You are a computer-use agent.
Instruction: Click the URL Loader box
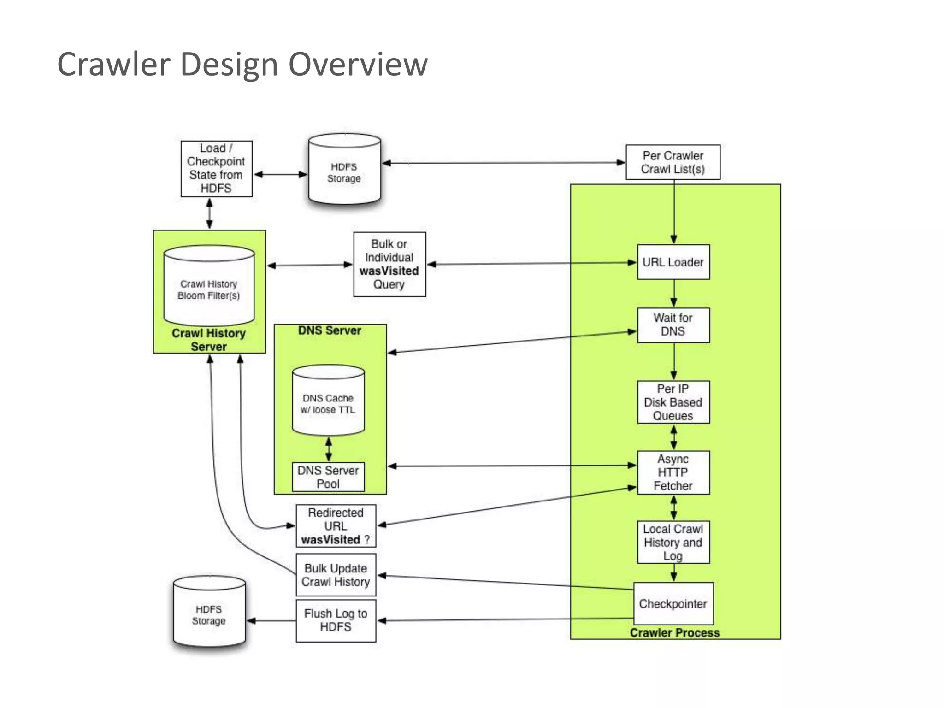tap(673, 262)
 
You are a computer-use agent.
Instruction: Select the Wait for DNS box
tap(673, 325)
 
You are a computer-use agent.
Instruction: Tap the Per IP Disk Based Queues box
tap(673, 402)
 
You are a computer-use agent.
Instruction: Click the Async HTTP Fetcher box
tap(673, 472)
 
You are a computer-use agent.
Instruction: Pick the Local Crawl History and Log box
tap(673, 542)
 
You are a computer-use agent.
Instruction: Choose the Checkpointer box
tap(673, 604)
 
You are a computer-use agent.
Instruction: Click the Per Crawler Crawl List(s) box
tap(673, 162)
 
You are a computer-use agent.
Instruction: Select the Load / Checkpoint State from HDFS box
tap(216, 169)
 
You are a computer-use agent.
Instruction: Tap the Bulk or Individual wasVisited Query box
tap(389, 264)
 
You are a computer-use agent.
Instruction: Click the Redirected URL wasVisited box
tap(336, 526)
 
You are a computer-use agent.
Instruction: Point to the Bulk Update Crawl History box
tap(336, 575)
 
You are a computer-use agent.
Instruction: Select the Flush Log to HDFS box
tap(336, 620)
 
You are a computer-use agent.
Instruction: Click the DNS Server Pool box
tap(328, 477)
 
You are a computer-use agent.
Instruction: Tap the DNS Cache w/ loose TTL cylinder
tap(328, 401)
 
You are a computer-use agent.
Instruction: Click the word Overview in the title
tap(358, 64)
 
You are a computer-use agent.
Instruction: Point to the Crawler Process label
tap(674, 633)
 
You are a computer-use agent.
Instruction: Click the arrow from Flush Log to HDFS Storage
tap(272, 621)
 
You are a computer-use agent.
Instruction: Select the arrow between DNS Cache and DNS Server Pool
tap(329, 449)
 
